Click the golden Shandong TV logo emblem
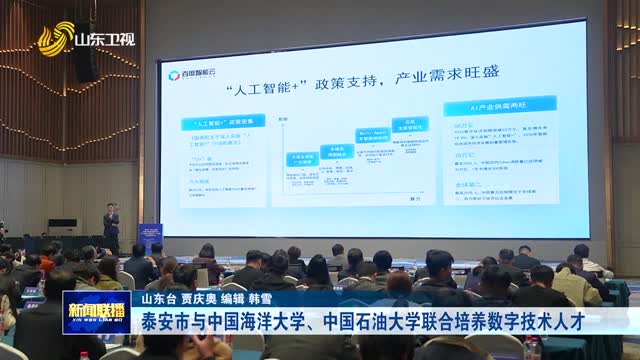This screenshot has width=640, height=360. [x=56, y=41]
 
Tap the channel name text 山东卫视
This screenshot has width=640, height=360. [x=106, y=40]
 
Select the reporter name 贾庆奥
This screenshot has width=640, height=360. [x=204, y=298]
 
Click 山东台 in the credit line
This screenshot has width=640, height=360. [x=159, y=298]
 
